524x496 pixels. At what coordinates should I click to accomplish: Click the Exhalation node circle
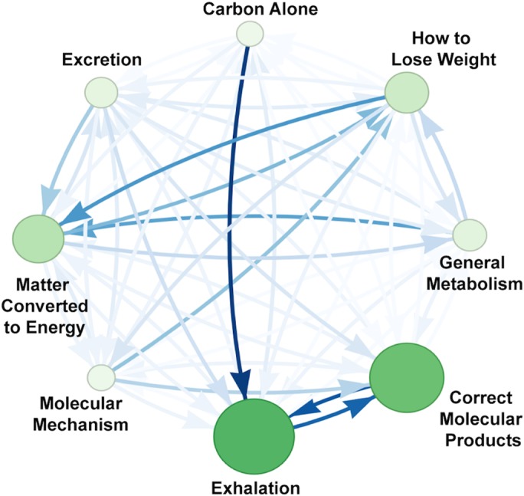(254, 437)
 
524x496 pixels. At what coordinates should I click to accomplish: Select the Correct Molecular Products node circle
(407, 376)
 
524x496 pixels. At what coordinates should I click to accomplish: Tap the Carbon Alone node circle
(250, 34)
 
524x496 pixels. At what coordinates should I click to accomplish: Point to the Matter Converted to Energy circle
(38, 238)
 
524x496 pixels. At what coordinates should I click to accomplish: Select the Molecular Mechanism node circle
(100, 376)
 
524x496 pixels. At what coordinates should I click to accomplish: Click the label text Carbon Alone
(249, 10)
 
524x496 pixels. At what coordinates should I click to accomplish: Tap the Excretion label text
(103, 59)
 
